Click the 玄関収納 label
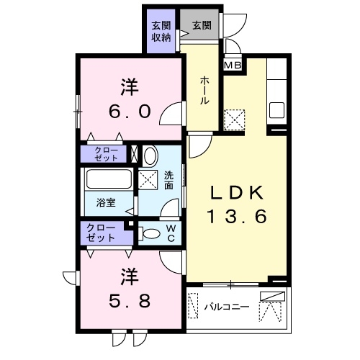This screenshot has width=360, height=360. tap(161, 32)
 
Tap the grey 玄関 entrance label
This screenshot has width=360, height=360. tap(202, 26)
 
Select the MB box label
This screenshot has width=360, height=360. tap(232, 66)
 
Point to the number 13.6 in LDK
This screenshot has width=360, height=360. tap(238, 216)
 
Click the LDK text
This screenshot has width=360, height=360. tap(238, 192)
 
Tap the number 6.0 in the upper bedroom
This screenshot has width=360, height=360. tap(130, 112)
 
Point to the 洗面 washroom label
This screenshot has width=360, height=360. tap(168, 180)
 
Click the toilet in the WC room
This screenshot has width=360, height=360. tap(150, 233)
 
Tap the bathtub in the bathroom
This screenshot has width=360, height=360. tap(108, 180)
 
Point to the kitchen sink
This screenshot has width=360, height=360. tap(277, 112)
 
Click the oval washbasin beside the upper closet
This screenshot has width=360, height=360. tap(150, 155)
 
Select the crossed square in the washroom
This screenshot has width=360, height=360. tap(148, 180)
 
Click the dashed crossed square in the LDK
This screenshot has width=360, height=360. tap(235, 117)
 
